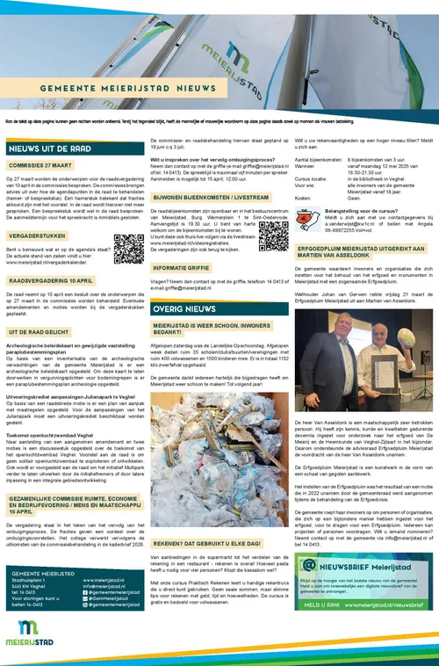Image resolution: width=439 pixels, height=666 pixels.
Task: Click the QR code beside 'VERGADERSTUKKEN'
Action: click(128, 250)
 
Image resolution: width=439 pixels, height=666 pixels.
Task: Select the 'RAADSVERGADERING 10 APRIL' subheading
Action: click(52, 281)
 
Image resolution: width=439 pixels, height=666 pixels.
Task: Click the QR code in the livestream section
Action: click(272, 235)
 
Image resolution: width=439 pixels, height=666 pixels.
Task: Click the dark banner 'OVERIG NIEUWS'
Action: click(184, 309)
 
